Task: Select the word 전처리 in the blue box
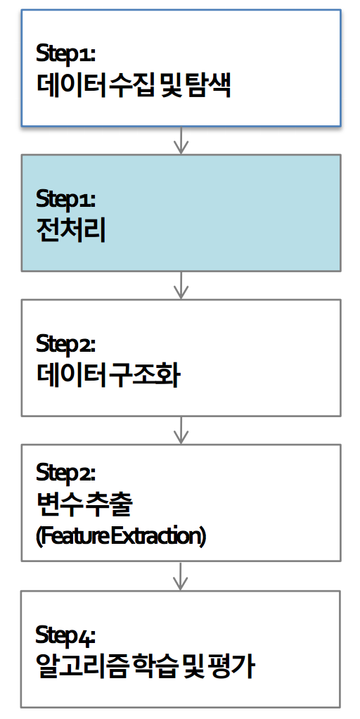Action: [71, 231]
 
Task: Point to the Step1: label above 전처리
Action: [65, 200]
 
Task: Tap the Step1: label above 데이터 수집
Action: [65, 54]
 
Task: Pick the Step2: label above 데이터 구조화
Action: [65, 344]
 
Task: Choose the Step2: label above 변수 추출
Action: [65, 472]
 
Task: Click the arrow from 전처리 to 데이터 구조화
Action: [181, 285]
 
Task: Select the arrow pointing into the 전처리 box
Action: [181, 140]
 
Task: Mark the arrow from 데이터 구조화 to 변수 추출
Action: [181, 430]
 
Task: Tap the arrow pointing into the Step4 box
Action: [181, 576]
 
